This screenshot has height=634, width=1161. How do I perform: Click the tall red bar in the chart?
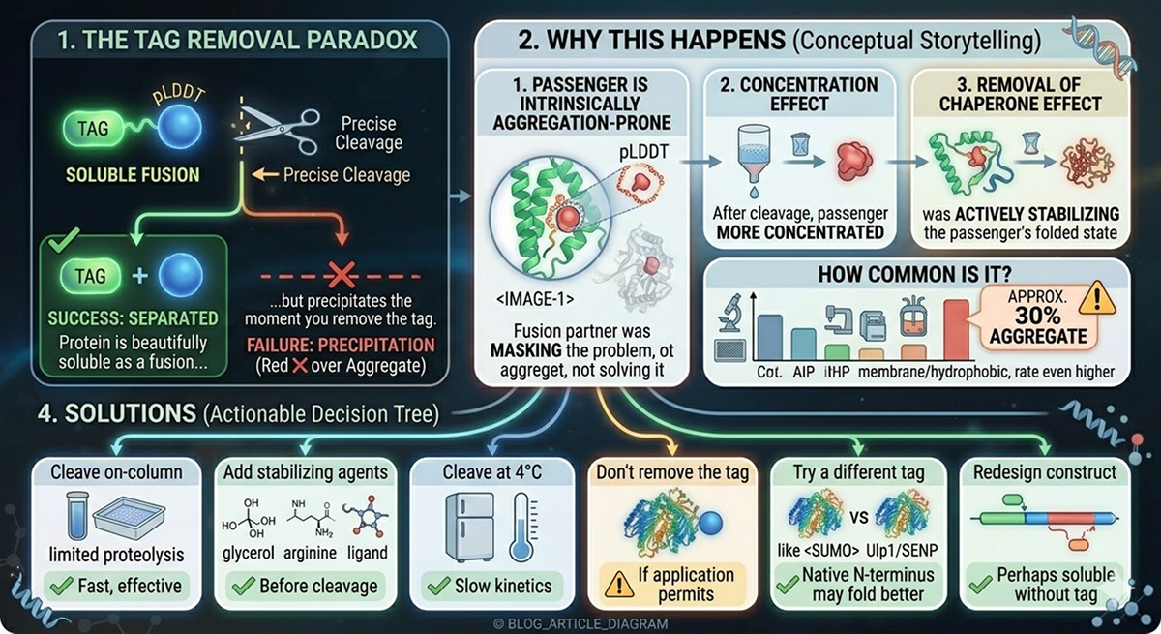955,328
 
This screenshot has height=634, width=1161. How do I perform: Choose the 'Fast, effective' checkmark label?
116,585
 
